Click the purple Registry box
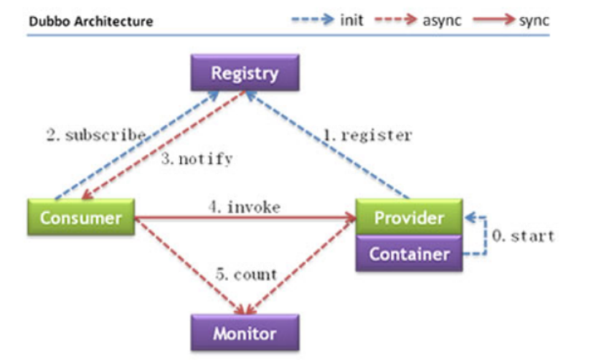(245, 72)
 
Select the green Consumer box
(81, 217)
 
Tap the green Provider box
(410, 217)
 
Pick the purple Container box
(410, 253)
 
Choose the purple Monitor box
(245, 333)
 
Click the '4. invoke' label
(245, 207)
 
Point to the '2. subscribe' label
(96, 135)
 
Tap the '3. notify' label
(197, 158)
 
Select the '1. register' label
(368, 135)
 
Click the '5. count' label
(246, 275)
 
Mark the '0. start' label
(523, 236)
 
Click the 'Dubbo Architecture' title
(91, 21)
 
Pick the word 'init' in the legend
(351, 20)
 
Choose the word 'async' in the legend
(442, 20)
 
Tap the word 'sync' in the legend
(534, 20)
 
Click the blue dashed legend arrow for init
(313, 19)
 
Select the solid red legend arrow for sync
(493, 19)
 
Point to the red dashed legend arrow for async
(396, 19)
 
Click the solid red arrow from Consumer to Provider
(245, 217)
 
